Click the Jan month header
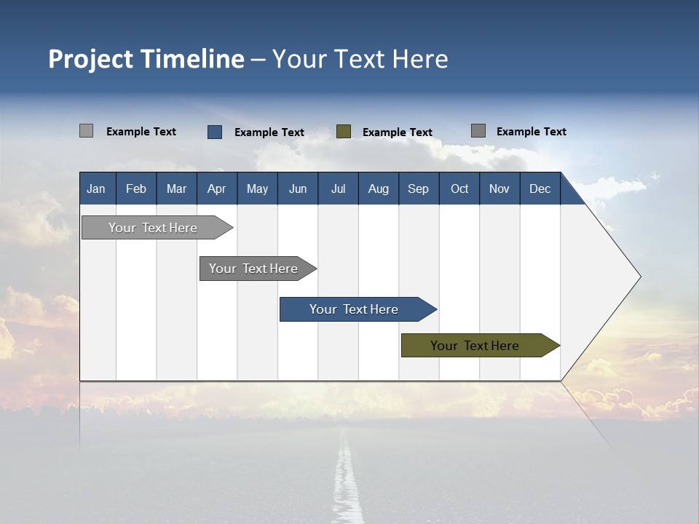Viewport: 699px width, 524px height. [x=96, y=188]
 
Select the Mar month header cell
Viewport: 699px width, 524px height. [x=176, y=188]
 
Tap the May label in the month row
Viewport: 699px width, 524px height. [x=257, y=188]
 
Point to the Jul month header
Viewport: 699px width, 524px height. [x=338, y=188]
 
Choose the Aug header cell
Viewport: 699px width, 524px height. [x=378, y=188]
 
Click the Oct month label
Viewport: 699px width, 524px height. [x=459, y=188]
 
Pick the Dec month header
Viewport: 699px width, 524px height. [x=540, y=188]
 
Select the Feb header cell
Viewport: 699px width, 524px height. [x=136, y=188]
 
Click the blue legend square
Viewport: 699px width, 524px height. [x=215, y=132]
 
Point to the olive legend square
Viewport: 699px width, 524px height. [x=344, y=132]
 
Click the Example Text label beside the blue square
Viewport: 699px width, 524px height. [x=269, y=132]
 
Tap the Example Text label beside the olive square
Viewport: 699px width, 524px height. [x=397, y=132]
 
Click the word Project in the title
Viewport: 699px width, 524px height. [x=91, y=59]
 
